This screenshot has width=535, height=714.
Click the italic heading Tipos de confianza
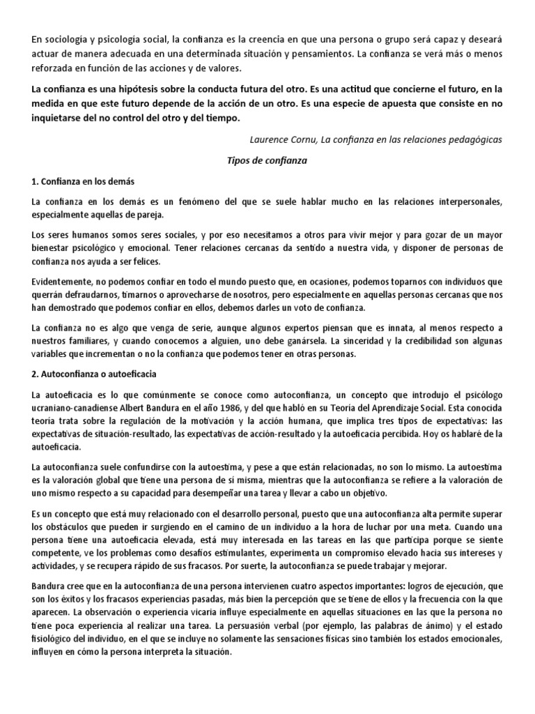click(267, 160)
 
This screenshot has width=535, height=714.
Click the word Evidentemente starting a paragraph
click(63, 282)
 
